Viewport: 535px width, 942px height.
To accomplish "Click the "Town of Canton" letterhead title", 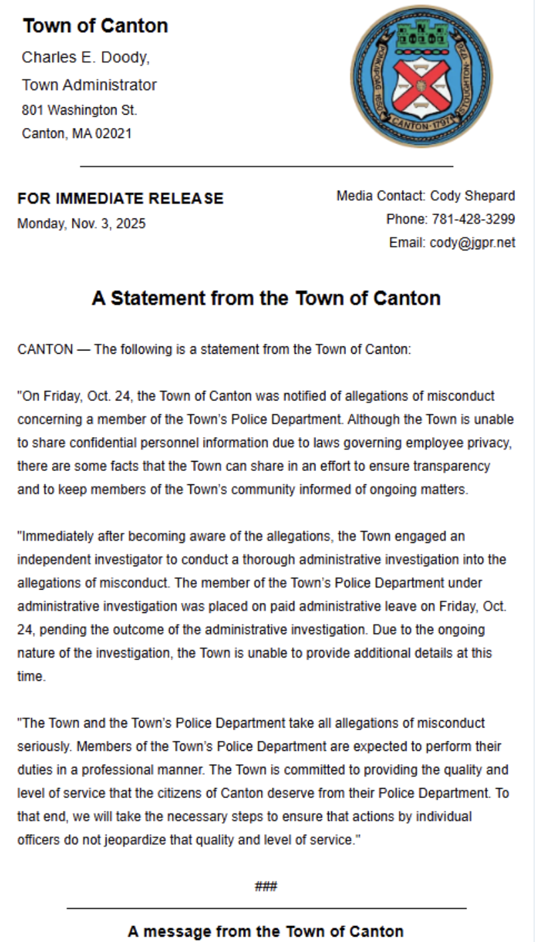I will [x=95, y=26].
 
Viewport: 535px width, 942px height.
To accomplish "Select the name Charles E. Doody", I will [x=85, y=57].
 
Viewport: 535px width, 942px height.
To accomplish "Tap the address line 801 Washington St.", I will [x=80, y=110].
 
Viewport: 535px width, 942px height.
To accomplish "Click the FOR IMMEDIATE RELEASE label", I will [x=120, y=199].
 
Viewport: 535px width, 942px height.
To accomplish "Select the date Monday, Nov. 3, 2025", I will [x=81, y=224].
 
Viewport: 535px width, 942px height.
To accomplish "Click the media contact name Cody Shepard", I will [x=472, y=196].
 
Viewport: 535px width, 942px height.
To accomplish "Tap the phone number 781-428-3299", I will [x=473, y=219].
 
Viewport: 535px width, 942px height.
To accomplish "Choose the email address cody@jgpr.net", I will [x=472, y=242].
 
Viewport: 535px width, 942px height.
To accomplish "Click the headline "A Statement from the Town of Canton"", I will [x=266, y=298].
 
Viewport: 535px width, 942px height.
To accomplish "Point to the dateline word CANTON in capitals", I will [x=45, y=350].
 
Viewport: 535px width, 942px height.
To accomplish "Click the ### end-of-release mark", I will [x=266, y=886].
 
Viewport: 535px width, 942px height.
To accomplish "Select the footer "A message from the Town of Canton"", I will [x=266, y=931].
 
